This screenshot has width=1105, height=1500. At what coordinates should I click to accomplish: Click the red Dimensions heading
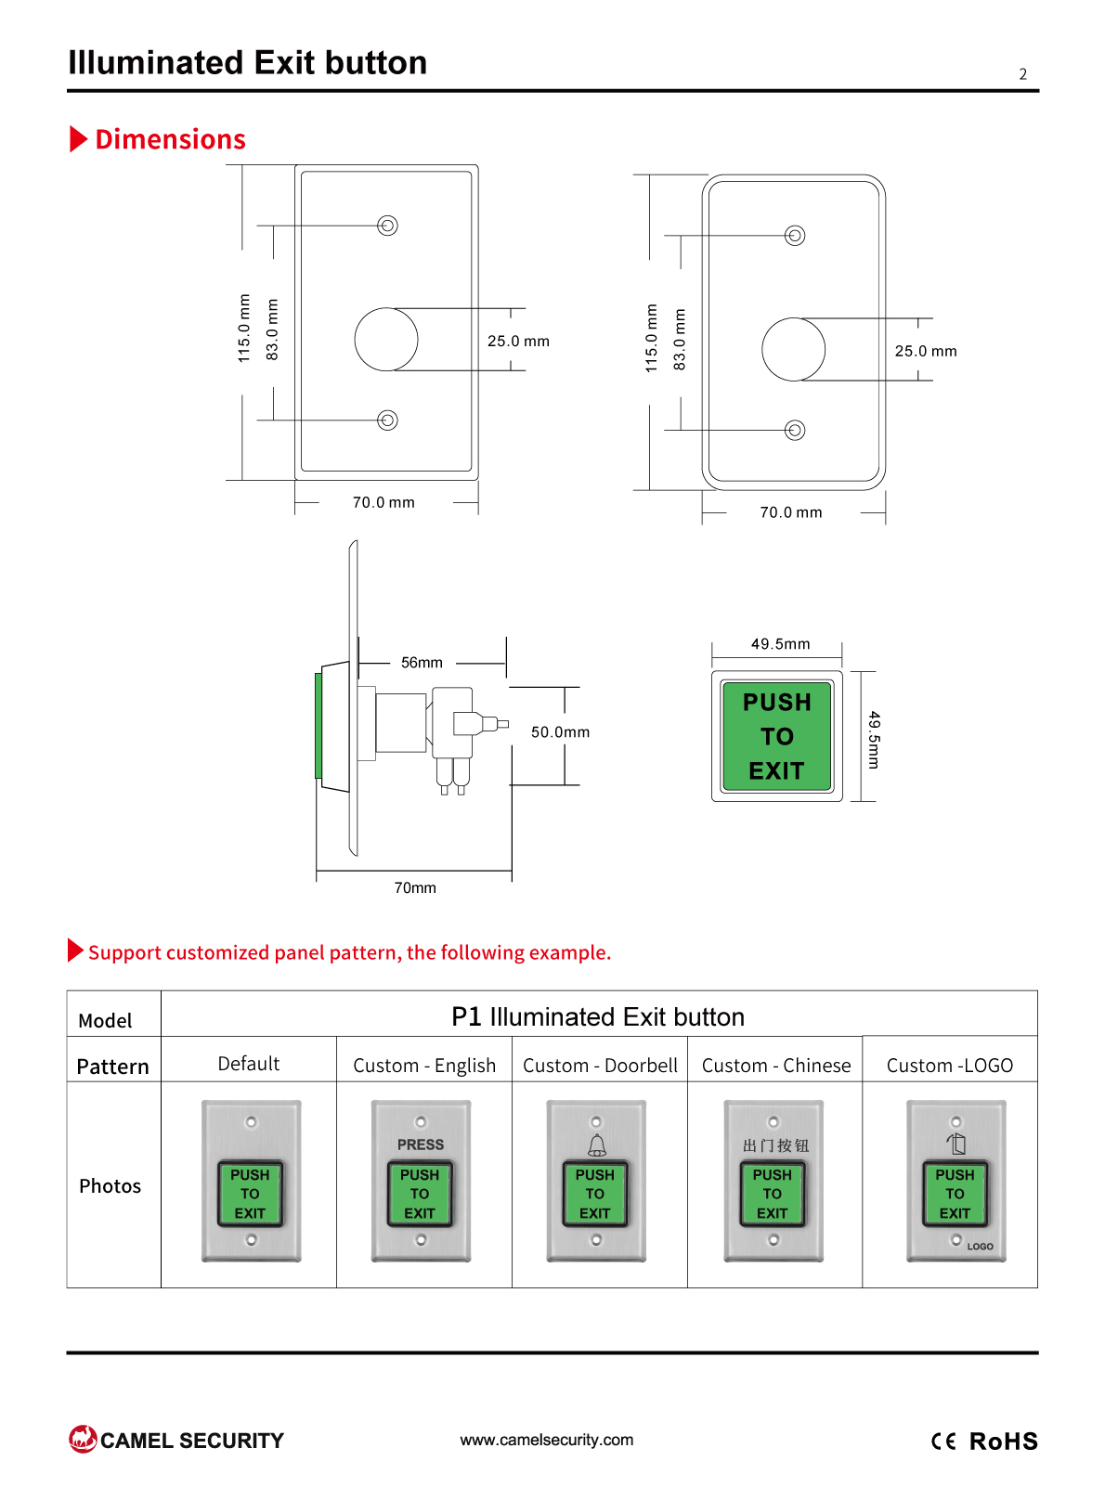[170, 139]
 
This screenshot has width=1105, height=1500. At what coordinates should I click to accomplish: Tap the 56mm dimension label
[422, 663]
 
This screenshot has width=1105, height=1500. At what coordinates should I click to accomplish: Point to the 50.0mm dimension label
[561, 732]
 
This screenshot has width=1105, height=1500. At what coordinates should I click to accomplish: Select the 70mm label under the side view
[415, 888]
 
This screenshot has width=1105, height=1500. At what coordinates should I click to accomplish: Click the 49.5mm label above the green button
[781, 644]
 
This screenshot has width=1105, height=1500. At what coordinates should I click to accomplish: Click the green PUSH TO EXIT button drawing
[777, 736]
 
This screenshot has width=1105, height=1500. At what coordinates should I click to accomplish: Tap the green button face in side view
[318, 726]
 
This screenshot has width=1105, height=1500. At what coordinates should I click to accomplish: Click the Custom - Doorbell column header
[600, 1066]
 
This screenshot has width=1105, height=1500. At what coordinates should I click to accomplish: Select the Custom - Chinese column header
[776, 1066]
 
